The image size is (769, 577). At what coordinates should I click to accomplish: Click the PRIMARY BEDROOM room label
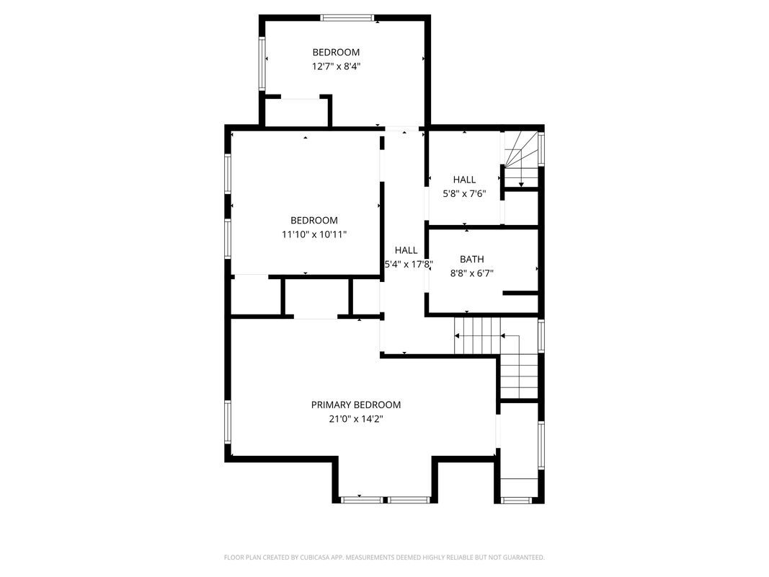[355, 405]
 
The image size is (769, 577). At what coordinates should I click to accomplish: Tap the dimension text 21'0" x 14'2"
[355, 418]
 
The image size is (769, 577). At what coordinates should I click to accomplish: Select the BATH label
[472, 259]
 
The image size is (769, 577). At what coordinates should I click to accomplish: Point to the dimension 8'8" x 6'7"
[472, 273]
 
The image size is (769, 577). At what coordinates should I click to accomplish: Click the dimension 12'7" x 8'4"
[336, 66]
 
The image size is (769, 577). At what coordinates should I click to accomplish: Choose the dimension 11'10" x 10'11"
[314, 234]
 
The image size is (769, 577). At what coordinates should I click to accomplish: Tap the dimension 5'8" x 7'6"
[464, 193]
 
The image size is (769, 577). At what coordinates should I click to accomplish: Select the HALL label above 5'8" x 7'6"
[464, 180]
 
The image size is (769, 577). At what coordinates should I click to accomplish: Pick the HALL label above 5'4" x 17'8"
[406, 250]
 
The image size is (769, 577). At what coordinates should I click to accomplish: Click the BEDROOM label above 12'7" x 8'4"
[336, 52]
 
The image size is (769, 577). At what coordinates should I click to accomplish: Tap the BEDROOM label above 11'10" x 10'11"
[314, 220]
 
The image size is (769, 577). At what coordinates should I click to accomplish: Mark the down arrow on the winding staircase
[521, 183]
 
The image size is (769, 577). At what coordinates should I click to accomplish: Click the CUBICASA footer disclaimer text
[384, 558]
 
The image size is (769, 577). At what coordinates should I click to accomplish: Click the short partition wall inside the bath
[520, 293]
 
